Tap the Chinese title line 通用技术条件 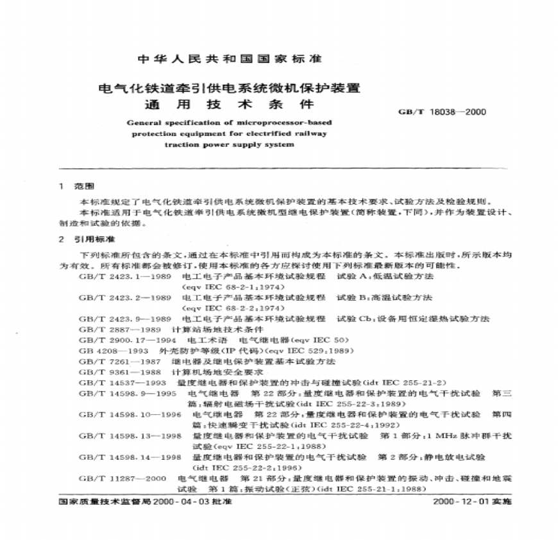pyautogui.click(x=230, y=104)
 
